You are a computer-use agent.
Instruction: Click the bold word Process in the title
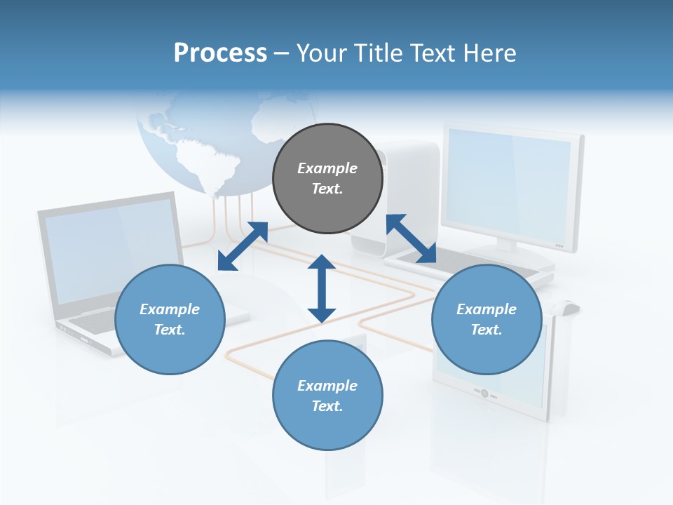tap(220, 53)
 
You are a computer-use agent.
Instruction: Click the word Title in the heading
tap(379, 53)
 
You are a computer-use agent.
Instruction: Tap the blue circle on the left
tap(170, 319)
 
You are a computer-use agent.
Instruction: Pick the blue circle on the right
tap(487, 319)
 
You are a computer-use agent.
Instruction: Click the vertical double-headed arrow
tap(322, 288)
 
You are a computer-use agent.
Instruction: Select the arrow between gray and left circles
tap(243, 246)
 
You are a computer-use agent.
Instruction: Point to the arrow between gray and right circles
tap(411, 238)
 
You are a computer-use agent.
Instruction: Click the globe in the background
tap(203, 140)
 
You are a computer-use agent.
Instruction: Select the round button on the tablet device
tap(484, 393)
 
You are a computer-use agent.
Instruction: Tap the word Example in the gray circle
tap(327, 168)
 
